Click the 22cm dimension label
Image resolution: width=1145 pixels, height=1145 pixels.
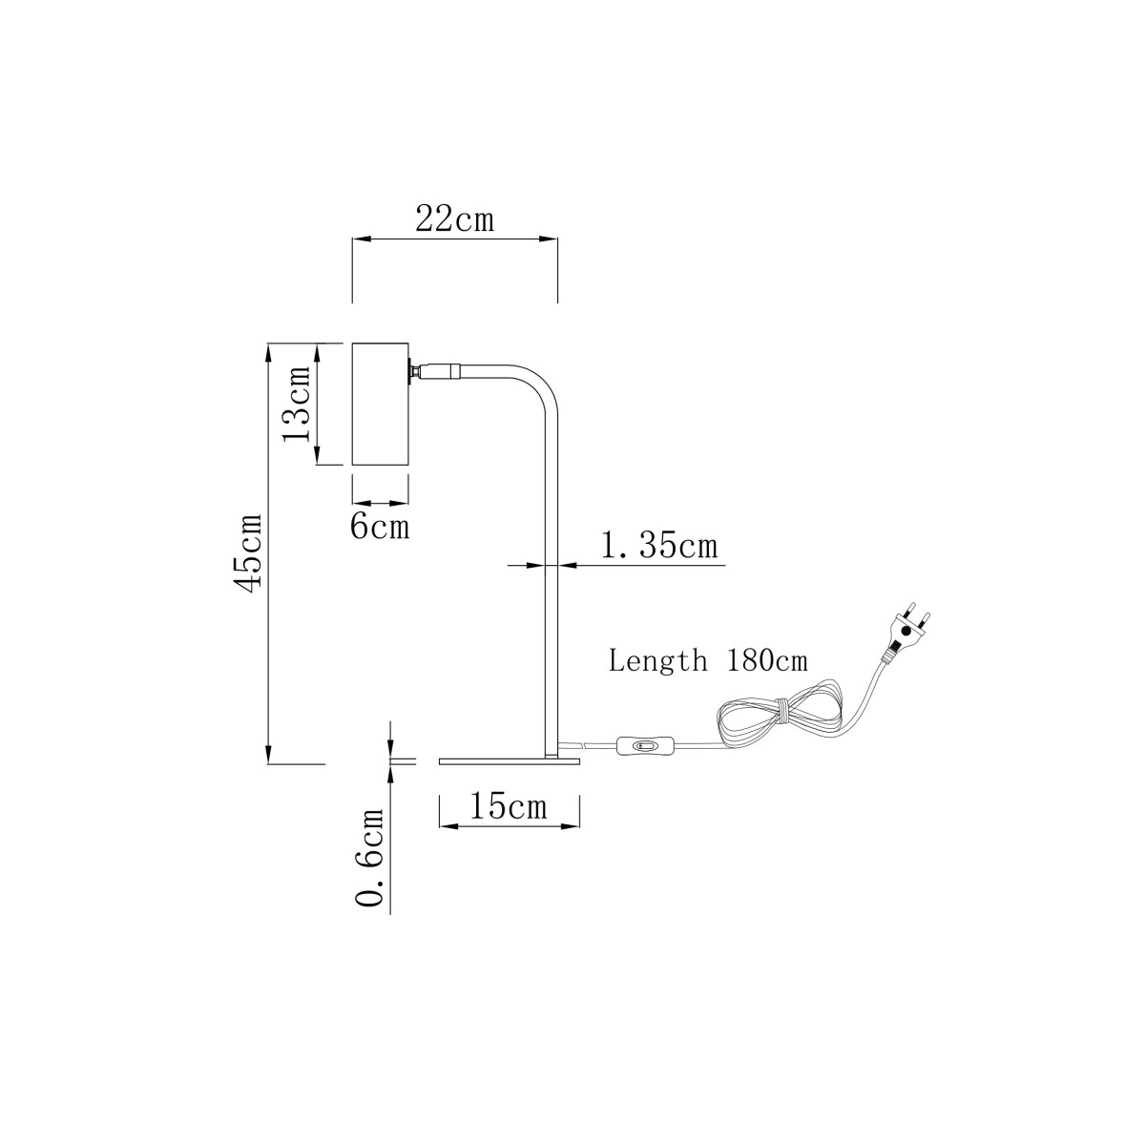(454, 219)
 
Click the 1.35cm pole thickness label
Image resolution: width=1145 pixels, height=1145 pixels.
(659, 546)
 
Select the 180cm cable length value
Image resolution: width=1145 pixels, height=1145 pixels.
(766, 660)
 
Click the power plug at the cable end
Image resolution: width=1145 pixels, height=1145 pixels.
(907, 632)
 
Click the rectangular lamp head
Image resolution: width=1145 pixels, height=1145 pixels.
(381, 404)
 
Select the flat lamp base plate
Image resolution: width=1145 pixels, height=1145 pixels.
(510, 761)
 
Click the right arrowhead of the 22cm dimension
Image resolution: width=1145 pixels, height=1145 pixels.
(549, 239)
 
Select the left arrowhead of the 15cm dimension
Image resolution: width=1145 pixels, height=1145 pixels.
(449, 826)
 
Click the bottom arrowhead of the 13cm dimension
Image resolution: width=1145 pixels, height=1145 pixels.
(318, 455)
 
